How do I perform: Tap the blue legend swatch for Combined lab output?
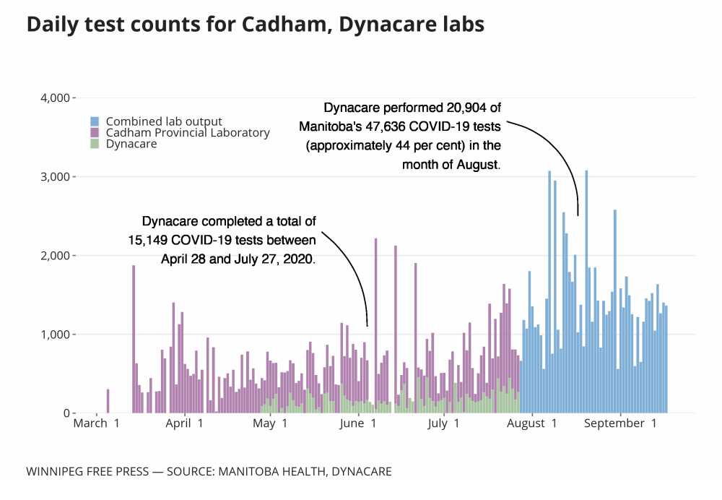pyautogui.click(x=94, y=121)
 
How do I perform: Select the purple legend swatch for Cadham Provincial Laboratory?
pyautogui.click(x=94, y=133)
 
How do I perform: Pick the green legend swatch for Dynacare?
pyautogui.click(x=94, y=144)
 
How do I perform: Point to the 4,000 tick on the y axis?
pyautogui.click(x=53, y=98)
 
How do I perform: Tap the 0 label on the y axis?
pyautogui.click(x=66, y=413)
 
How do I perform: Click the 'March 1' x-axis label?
pyautogui.click(x=96, y=423)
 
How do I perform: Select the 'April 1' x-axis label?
pyautogui.click(x=184, y=423)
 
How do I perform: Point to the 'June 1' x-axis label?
pyautogui.click(x=357, y=423)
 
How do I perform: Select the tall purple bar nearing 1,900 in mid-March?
pyautogui.click(x=134, y=340)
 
